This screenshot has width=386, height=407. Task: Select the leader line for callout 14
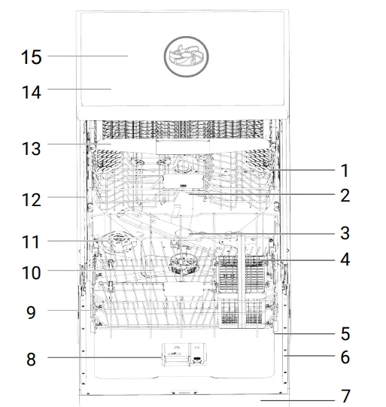79,90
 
